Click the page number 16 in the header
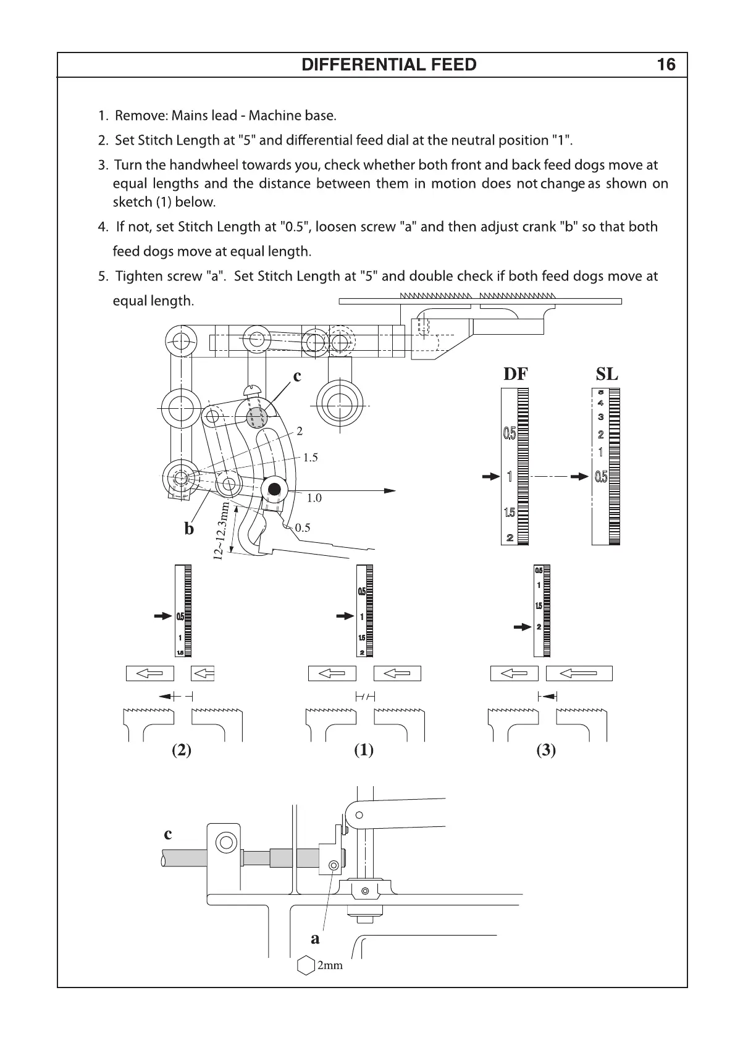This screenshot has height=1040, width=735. pyautogui.click(x=666, y=65)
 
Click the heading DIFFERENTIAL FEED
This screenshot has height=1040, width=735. pyautogui.click(x=388, y=65)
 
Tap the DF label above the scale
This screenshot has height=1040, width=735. pyautogui.click(x=516, y=374)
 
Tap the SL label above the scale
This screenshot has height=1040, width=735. pyautogui.click(x=607, y=374)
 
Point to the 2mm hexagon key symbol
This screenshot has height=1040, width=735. pyautogui.click(x=306, y=965)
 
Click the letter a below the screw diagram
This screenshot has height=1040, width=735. pyautogui.click(x=315, y=939)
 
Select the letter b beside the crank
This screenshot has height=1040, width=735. pyautogui.click(x=189, y=529)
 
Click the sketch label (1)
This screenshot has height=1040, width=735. pyautogui.click(x=363, y=750)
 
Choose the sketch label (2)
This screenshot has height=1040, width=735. pyautogui.click(x=181, y=750)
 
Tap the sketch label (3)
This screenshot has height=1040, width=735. pyautogui.click(x=546, y=750)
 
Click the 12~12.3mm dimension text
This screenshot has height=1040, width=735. pyautogui.click(x=222, y=531)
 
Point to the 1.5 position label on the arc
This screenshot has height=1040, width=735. pyautogui.click(x=310, y=458)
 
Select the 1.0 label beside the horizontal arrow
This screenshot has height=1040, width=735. pyautogui.click(x=314, y=498)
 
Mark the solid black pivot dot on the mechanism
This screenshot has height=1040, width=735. pyautogui.click(x=275, y=490)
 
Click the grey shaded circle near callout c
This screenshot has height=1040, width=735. pyautogui.click(x=256, y=418)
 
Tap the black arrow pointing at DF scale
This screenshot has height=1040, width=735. pyautogui.click(x=491, y=477)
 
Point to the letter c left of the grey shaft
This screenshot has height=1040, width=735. pyautogui.click(x=168, y=834)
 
